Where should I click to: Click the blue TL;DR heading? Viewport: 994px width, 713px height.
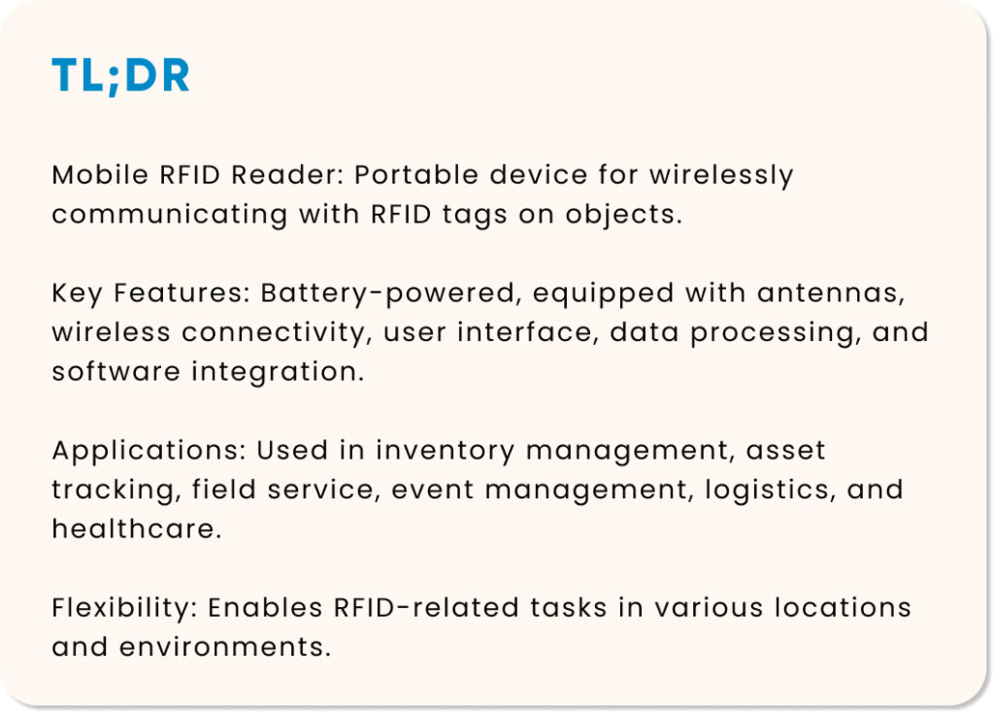120,76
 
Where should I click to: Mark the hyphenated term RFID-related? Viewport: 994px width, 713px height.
427,608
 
